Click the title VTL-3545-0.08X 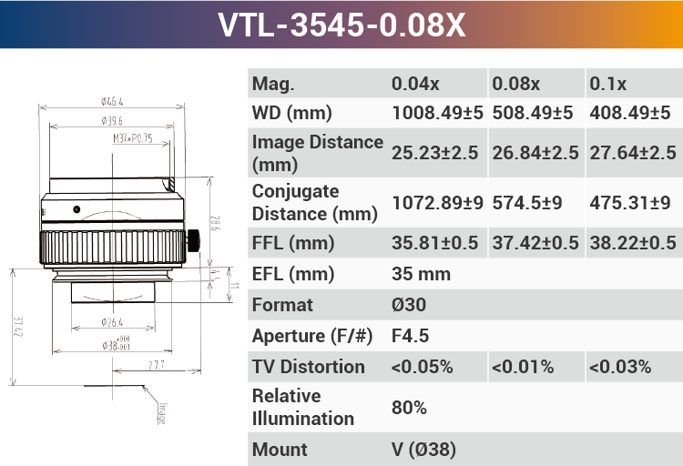341,25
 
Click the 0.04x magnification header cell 415,84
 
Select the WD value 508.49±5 533,113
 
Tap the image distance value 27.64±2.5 633,153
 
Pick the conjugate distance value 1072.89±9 437,203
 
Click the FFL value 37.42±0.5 535,243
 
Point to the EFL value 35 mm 421,274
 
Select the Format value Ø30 409,305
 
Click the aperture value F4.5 410,336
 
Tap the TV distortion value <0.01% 523,367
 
